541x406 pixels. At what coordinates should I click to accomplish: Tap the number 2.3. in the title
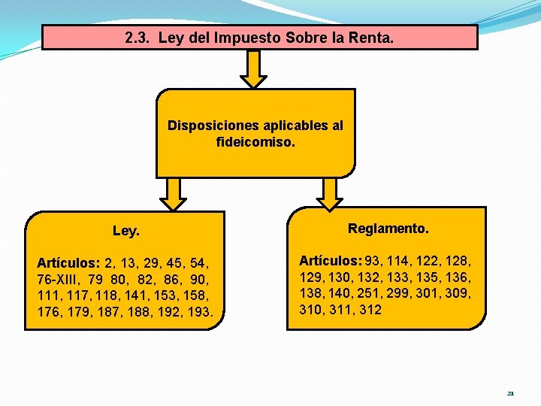tap(140, 37)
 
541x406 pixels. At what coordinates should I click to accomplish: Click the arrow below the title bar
tap(256, 69)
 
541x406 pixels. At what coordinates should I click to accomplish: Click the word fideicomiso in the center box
tap(255, 141)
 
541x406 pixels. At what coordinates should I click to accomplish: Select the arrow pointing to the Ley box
tap(174, 194)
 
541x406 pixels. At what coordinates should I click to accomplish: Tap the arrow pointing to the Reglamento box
tap(330, 194)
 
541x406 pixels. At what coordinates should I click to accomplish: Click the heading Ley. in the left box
tap(125, 232)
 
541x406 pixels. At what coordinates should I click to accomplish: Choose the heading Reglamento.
tap(388, 228)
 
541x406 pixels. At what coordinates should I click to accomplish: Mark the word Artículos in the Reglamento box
tap(331, 261)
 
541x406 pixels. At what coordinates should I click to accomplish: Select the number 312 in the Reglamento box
tap(370, 309)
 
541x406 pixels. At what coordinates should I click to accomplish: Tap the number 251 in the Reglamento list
tap(379, 293)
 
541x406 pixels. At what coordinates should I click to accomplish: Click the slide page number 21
tap(510, 393)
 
